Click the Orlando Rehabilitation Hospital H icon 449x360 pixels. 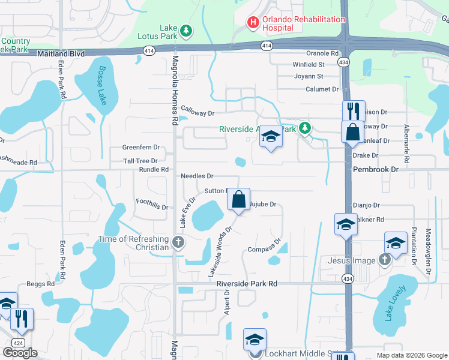[253, 23]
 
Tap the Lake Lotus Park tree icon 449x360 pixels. [187, 31]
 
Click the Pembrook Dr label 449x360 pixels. [376, 170]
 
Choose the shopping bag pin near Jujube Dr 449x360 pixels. [239, 199]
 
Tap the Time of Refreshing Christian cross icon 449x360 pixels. [178, 242]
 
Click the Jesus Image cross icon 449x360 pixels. [384, 260]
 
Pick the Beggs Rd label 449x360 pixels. [40, 283]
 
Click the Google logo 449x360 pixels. [20, 352]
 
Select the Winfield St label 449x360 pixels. [309, 64]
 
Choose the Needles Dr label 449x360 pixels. [197, 176]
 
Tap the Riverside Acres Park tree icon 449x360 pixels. [306, 128]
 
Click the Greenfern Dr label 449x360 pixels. [141, 147]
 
